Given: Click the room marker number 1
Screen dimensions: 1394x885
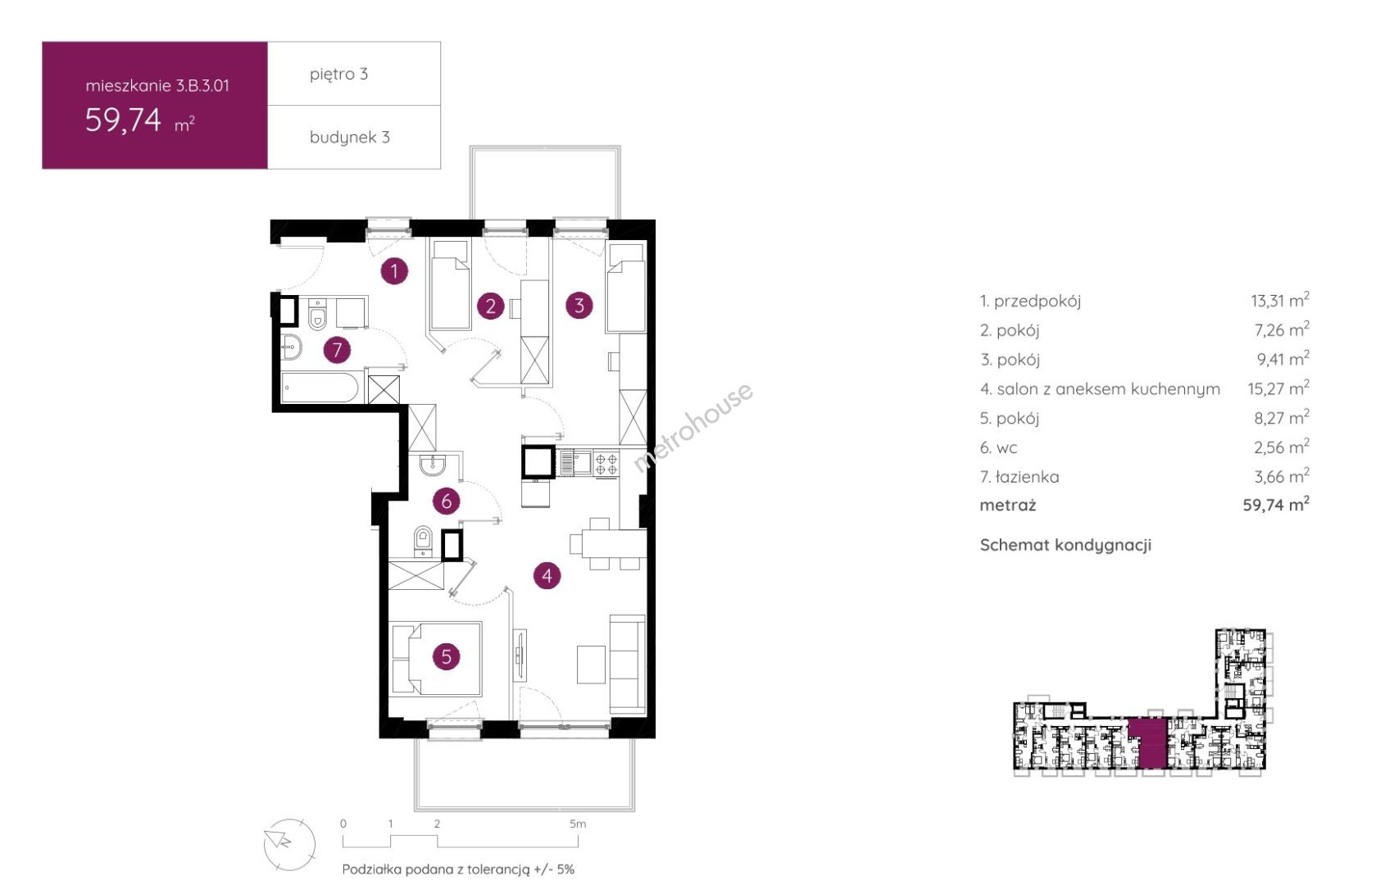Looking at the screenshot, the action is point(394,271).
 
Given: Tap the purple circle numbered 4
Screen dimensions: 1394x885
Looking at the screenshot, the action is point(547,576).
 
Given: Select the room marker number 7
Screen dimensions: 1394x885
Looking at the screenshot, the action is point(337,350).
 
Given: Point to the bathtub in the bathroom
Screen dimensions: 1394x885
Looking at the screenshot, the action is point(320,388).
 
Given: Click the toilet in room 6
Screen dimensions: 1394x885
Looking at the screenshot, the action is point(423,541).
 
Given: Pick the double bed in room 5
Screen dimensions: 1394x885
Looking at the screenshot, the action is point(436,659).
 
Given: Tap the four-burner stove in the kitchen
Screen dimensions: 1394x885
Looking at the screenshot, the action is point(606,464).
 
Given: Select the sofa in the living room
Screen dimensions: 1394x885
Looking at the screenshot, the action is point(627,664).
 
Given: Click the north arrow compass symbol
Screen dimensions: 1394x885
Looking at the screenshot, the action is point(289,845).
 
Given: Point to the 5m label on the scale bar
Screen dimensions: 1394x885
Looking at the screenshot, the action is point(578,824).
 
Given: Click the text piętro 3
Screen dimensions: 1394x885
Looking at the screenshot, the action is point(339,74).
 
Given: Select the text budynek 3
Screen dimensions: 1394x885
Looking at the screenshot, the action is point(350,137).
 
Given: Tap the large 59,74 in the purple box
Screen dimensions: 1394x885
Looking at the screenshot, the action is point(123,120).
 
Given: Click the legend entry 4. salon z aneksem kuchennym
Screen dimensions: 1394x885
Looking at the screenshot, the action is point(1100,389).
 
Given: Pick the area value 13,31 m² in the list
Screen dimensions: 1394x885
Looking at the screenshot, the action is point(1279,301).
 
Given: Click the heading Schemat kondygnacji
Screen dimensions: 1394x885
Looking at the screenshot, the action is point(1065,545).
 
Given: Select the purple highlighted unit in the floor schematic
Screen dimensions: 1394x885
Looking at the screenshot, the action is point(1147,743).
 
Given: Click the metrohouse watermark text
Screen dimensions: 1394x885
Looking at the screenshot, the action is point(692,428).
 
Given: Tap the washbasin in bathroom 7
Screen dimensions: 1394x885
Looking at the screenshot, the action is point(291,347).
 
